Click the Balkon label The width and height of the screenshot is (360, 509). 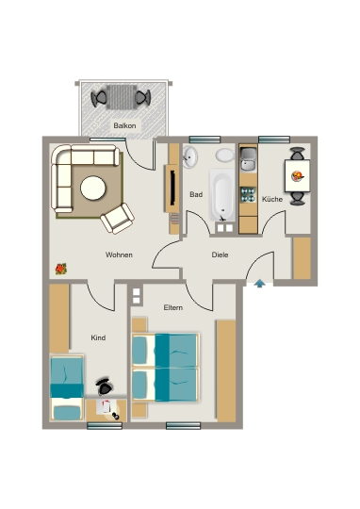coord(124,125)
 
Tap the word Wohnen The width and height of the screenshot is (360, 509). coord(119,254)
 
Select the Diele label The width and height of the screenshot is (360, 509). coord(220,254)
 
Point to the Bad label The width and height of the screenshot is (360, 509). coord(196,194)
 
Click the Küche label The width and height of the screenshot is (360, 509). coord(272,199)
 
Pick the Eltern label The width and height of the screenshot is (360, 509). coord(173,307)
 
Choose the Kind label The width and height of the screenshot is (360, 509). coord(98,337)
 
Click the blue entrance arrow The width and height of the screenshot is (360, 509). coord(260,284)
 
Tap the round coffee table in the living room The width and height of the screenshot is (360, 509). coord(93,188)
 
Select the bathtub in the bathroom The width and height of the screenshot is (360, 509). coord(222,195)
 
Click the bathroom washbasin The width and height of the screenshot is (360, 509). coord(189,156)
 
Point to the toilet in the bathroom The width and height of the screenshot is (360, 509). coord(224,156)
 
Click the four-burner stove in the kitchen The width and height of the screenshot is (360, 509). coord(248,195)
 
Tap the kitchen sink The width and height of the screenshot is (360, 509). coord(249,159)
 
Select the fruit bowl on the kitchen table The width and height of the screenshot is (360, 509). coord(298,176)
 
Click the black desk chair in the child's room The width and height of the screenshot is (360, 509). coord(105,386)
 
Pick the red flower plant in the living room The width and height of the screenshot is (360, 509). coord(61,269)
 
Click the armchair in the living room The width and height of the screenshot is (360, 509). coord(117,219)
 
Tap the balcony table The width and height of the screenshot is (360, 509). coord(122,97)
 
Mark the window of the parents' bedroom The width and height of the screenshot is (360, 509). coord(183,425)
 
